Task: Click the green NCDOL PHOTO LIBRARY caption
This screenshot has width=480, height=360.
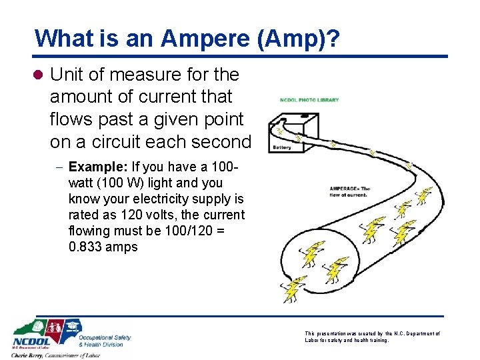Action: click(x=309, y=100)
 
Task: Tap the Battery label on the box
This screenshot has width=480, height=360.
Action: click(x=283, y=146)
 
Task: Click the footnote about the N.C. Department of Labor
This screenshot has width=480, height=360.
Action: click(x=372, y=337)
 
